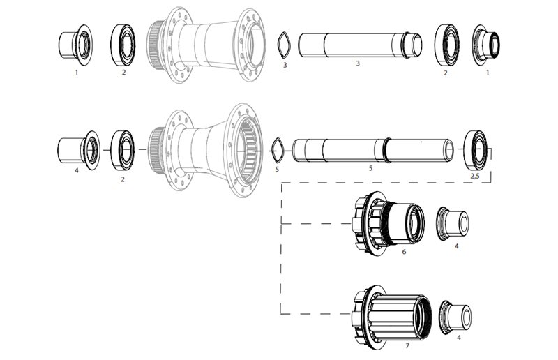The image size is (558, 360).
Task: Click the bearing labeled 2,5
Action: tap(476, 149)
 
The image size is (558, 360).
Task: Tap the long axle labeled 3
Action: tap(359, 45)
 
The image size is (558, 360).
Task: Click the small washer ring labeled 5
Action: tap(277, 149)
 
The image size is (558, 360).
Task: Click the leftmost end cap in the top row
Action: tap(74, 45)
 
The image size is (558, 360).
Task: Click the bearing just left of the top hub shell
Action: tap(123, 45)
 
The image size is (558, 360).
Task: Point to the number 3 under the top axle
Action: tap(357, 64)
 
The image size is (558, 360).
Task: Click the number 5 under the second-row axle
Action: tap(370, 168)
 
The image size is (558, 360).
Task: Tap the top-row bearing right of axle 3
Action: tap(446, 45)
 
